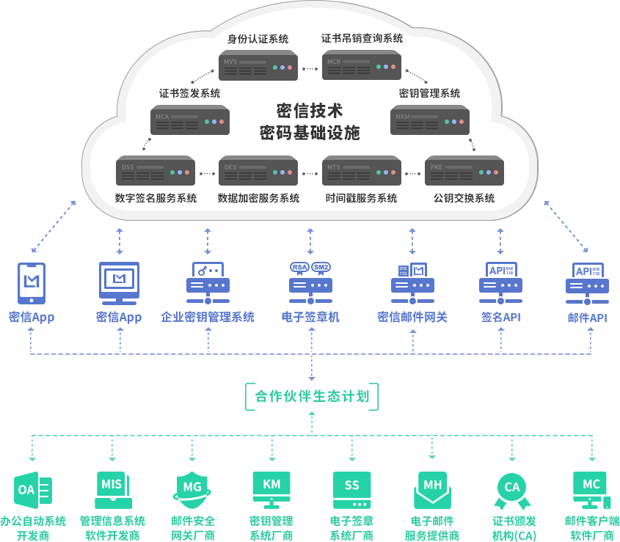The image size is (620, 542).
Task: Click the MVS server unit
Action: tap(258, 65)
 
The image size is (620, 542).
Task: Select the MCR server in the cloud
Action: tap(362, 65)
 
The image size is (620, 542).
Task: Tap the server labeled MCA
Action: tap(190, 120)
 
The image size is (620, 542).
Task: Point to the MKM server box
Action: tap(430, 120)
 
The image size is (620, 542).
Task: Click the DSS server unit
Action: tap(156, 170)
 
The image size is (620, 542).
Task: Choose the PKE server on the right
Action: tap(464, 170)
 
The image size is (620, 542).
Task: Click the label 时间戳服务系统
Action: tap(361, 198)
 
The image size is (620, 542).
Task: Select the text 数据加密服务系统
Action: tap(258, 198)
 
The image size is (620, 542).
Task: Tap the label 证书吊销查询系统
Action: tap(362, 38)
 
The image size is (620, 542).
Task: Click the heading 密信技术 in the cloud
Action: tap(310, 111)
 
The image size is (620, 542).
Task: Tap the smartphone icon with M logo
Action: tap(32, 282)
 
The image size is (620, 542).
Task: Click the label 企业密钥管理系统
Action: tap(208, 317)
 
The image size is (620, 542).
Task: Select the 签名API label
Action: tap(500, 317)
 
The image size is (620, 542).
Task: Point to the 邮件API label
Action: tap(587, 318)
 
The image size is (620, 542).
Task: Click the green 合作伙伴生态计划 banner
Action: tap(311, 396)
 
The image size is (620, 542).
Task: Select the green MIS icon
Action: tap(112, 488)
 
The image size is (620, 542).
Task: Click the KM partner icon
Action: tap(271, 487)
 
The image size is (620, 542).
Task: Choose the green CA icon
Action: tap(511, 488)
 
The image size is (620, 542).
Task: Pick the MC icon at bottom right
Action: tap(591, 487)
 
